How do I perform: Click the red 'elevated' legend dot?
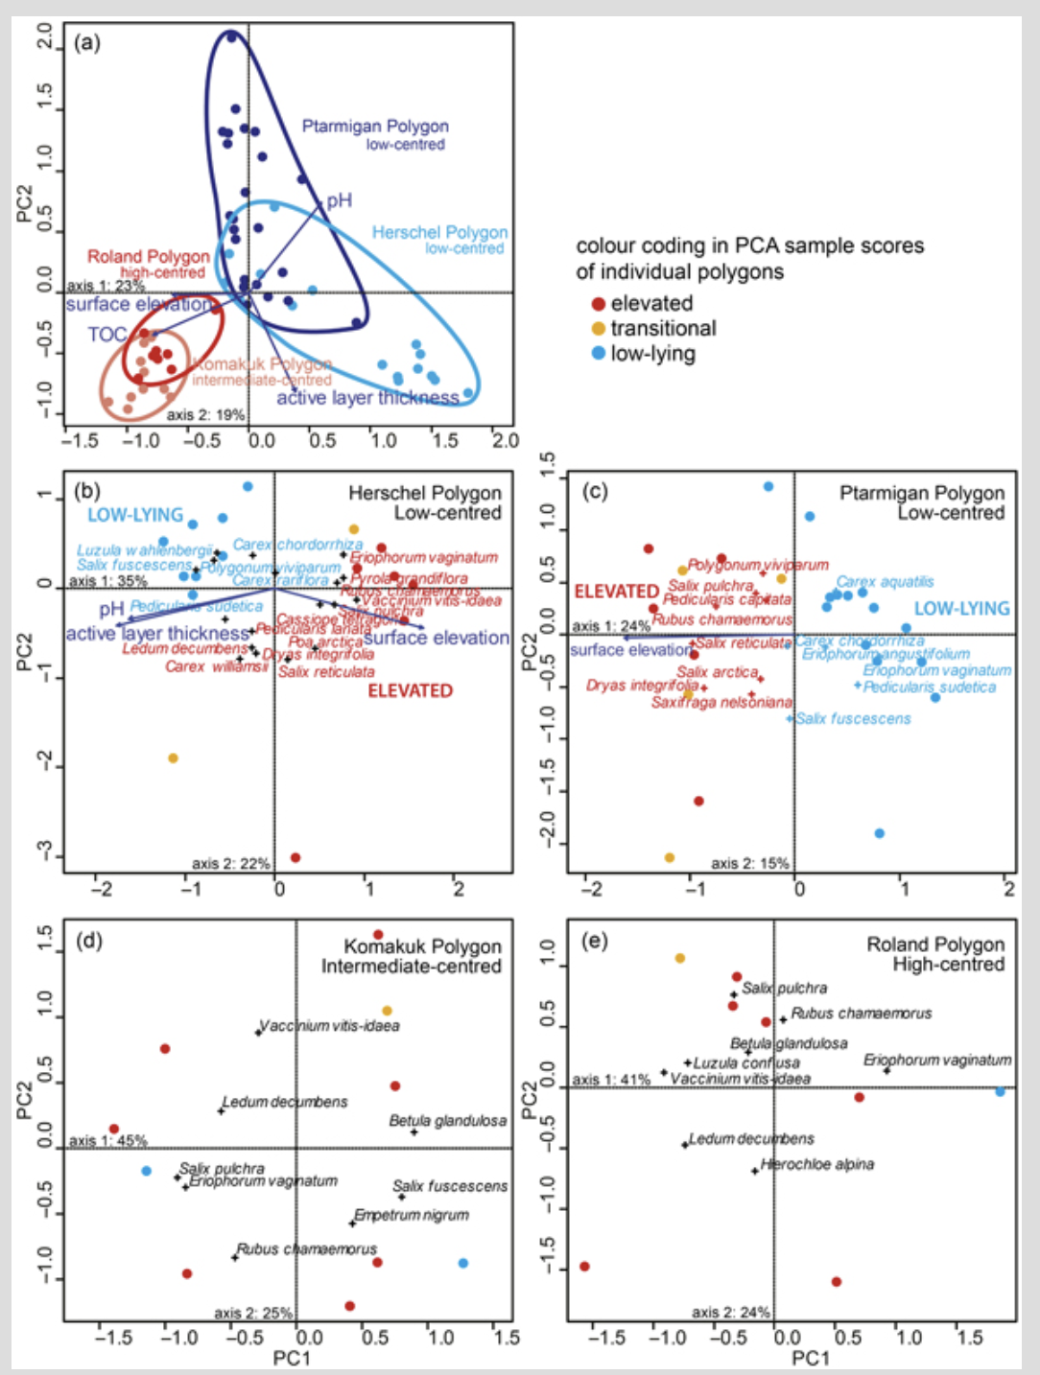598,304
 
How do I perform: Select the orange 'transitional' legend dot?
598,329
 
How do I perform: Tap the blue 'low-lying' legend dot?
598,354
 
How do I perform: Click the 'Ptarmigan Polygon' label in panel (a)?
375,127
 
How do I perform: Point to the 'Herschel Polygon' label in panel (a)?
439,233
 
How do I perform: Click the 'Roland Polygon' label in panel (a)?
148,257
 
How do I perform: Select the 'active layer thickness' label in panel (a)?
367,398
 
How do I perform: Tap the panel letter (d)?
89,941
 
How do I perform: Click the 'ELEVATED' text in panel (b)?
410,690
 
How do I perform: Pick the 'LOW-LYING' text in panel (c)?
961,609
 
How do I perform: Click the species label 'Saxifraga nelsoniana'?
721,703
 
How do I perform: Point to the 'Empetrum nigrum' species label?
412,1215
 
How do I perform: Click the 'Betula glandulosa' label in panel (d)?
447,1121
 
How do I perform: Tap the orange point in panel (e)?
680,958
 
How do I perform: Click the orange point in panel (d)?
388,1011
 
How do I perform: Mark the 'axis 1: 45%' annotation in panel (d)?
108,1141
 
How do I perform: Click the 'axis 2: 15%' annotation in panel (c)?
749,863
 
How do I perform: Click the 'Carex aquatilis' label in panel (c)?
885,582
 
